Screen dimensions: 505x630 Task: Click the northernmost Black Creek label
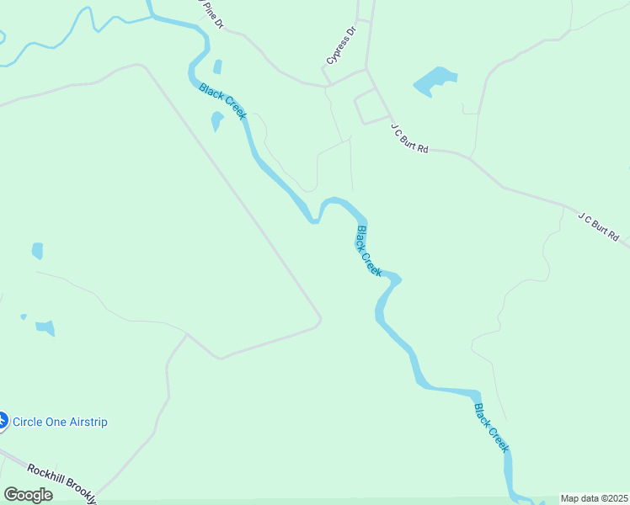(x=222, y=101)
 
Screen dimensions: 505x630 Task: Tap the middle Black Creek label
(x=369, y=251)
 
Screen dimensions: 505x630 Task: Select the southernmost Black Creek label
(x=492, y=428)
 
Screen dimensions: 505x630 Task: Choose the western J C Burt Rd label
(x=409, y=137)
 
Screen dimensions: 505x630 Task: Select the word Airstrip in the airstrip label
(x=85, y=422)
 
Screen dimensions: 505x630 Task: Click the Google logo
(x=28, y=495)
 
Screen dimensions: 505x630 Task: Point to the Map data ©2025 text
(x=594, y=498)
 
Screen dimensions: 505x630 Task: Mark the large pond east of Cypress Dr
(x=433, y=82)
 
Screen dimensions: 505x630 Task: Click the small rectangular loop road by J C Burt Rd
(x=371, y=107)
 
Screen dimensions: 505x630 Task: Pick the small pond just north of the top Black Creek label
(x=217, y=66)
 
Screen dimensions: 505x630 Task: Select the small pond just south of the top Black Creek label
(x=216, y=121)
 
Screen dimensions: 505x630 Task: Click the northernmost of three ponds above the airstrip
(x=37, y=250)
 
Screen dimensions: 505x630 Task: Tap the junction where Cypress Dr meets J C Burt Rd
(x=366, y=69)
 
